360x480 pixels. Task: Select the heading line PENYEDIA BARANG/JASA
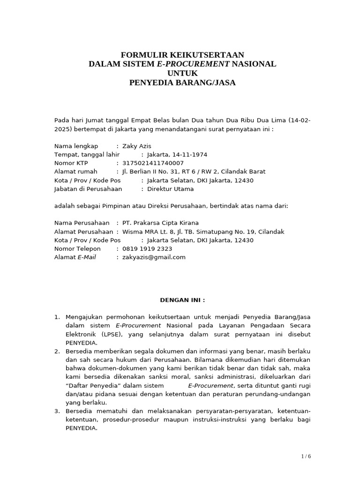click(182, 83)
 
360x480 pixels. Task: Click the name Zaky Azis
click(136, 146)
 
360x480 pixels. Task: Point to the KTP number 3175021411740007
click(153, 163)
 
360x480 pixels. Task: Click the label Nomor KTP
click(71, 163)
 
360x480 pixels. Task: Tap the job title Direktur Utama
click(170, 189)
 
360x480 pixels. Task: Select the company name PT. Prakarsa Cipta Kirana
click(160, 223)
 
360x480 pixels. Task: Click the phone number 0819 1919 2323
click(147, 249)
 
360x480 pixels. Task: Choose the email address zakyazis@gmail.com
click(154, 257)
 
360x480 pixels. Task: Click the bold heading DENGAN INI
click(182, 300)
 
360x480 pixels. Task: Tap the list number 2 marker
click(57, 352)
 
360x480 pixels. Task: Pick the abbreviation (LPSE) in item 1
click(109, 334)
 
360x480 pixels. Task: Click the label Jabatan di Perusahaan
click(88, 189)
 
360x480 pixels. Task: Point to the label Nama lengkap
click(76, 146)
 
